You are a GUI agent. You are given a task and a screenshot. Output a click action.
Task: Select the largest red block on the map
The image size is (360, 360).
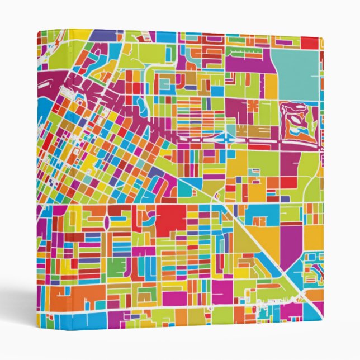click(170, 220)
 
